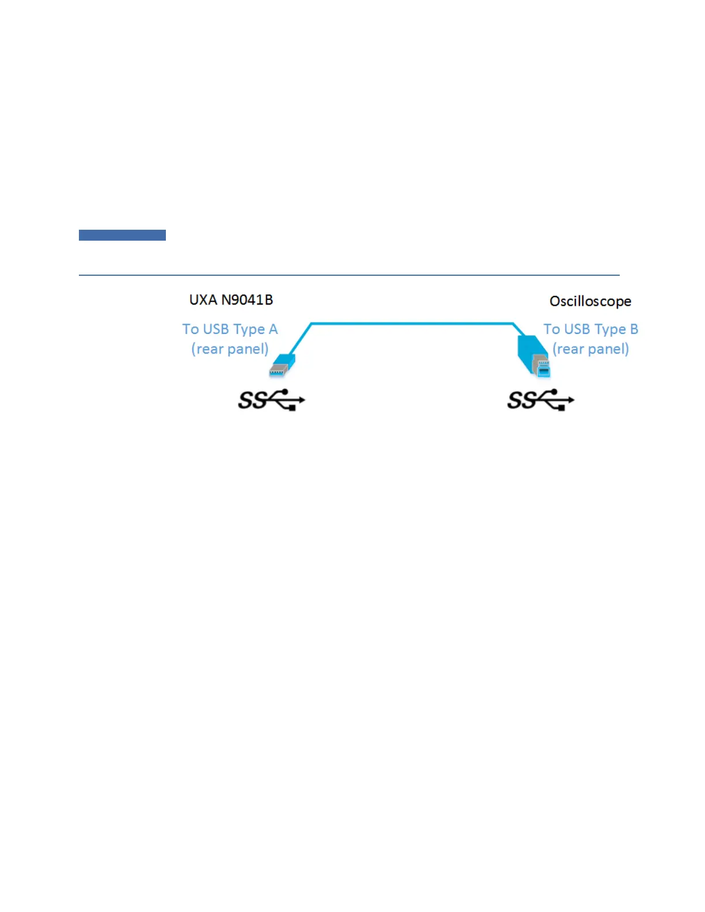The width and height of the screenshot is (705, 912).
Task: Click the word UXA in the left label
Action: pos(203,300)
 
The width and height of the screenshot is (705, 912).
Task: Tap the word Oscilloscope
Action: pos(590,301)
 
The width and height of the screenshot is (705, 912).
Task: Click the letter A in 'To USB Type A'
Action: pos(273,329)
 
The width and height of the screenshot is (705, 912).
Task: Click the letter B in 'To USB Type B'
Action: pos(634,329)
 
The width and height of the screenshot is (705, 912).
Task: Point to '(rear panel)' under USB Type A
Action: pos(230,349)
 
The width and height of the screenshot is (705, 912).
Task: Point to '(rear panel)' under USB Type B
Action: pos(590,349)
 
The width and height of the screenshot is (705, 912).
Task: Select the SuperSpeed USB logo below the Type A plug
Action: pos(271,400)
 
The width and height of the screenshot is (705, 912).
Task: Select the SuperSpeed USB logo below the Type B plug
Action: pos(540,400)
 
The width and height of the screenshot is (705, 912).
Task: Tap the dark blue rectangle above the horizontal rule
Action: pos(122,235)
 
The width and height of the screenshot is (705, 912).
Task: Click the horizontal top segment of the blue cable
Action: pos(412,324)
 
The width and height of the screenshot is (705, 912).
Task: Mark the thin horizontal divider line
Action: pos(349,275)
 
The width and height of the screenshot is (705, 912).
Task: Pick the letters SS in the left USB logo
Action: pos(252,401)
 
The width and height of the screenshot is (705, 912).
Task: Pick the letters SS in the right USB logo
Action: pos(521,401)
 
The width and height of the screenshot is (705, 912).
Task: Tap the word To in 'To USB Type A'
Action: pos(191,329)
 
